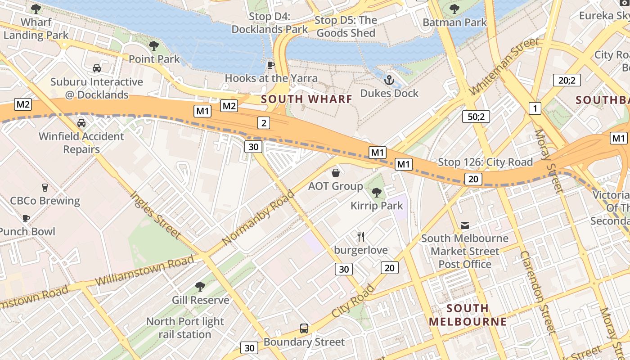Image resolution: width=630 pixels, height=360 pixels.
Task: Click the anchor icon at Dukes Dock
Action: pyautogui.click(x=389, y=80)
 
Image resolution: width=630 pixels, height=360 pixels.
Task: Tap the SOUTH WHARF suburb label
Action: pyautogui.click(x=306, y=99)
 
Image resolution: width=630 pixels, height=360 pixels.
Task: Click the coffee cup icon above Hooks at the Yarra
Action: pyautogui.click(x=270, y=65)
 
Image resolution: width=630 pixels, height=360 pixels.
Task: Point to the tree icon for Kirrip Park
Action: pyautogui.click(x=377, y=193)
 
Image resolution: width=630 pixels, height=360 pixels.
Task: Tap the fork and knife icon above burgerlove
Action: pyautogui.click(x=360, y=236)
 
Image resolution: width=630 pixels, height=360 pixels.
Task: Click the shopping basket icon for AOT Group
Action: pyautogui.click(x=335, y=173)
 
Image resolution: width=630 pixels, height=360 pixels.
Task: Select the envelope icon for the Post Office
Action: pyautogui.click(x=464, y=225)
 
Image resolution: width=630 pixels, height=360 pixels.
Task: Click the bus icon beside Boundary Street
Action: pyautogui.click(x=304, y=328)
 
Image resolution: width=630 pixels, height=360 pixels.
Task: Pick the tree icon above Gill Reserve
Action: pyautogui.click(x=200, y=287)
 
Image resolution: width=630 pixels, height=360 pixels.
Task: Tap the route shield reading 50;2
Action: pyautogui.click(x=476, y=117)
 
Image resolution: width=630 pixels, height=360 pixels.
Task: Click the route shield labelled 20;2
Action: pyautogui.click(x=567, y=80)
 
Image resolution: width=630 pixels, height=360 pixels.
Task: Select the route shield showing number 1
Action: pyautogui.click(x=535, y=108)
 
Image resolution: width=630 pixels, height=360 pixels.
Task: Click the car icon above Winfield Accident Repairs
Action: pyautogui.click(x=81, y=123)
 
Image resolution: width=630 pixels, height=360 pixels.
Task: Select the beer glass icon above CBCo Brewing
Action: pyautogui.click(x=45, y=188)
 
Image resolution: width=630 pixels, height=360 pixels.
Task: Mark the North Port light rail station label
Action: pyautogui.click(x=185, y=328)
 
